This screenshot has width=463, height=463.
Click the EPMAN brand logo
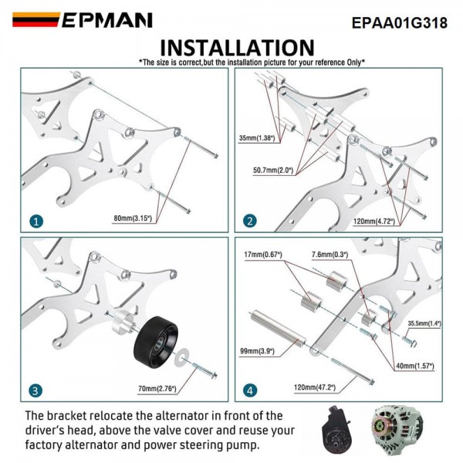[x=83, y=20]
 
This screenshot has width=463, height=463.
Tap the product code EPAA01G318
[x=399, y=22]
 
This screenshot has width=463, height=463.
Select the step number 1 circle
[x=36, y=221]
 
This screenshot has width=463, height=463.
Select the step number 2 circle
[x=249, y=221]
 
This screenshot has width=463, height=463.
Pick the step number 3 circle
[x=36, y=390]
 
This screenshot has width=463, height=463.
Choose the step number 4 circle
[x=249, y=390]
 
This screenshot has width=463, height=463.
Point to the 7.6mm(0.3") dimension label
[x=329, y=254]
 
